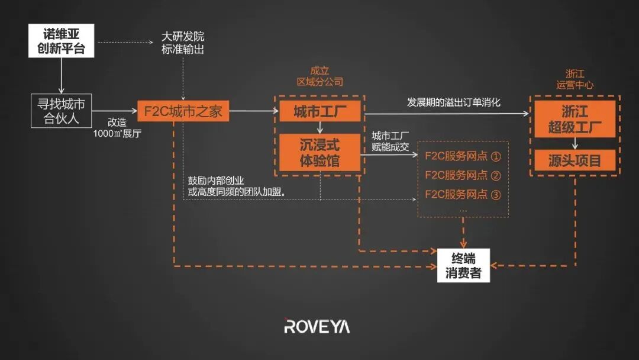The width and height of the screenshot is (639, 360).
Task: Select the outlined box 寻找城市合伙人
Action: [62, 111]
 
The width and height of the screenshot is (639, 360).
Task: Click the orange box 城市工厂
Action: [319, 111]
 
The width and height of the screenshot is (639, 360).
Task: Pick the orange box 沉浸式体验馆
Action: [319, 153]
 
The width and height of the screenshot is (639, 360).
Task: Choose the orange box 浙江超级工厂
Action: [575, 119]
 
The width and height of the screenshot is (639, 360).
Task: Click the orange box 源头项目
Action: [575, 160]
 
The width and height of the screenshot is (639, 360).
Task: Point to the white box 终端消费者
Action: [463, 266]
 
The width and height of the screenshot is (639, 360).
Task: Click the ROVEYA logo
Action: [317, 326]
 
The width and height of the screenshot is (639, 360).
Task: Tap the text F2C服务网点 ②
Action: [463, 175]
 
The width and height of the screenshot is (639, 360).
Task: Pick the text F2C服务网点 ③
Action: [463, 194]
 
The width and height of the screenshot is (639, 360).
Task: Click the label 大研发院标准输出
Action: [183, 43]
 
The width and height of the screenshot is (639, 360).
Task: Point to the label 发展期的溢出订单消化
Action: [454, 102]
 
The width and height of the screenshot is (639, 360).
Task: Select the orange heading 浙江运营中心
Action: [575, 79]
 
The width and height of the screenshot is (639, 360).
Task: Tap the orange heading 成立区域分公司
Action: [319, 76]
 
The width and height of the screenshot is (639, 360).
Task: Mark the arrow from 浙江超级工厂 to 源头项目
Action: [575, 144]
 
